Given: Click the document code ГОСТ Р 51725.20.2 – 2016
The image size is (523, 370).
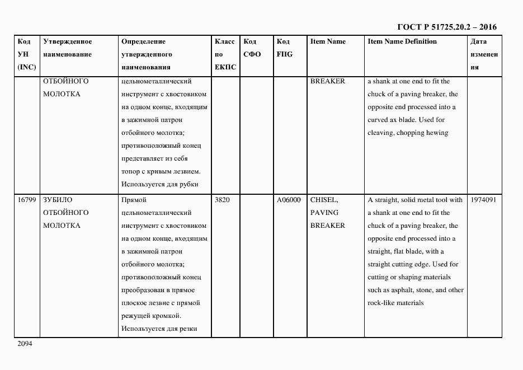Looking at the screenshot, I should pyautogui.click(x=446, y=27).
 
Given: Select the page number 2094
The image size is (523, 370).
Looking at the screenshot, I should pyautogui.click(x=25, y=344).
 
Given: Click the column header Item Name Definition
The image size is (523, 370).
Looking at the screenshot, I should pyautogui.click(x=402, y=41).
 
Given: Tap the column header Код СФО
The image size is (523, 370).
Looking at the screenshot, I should pyautogui.click(x=252, y=48).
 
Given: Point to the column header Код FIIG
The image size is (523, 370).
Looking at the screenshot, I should pyautogui.click(x=284, y=48).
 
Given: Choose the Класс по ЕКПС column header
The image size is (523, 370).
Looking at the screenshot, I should pyautogui.click(x=225, y=54).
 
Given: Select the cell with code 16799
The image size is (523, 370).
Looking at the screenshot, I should pyautogui.click(x=27, y=200).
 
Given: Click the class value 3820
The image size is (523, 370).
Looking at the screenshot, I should pyautogui.click(x=222, y=200).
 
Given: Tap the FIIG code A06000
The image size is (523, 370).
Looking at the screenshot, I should pyautogui.click(x=289, y=200).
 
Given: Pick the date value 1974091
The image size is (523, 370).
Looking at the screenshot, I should pyautogui.click(x=484, y=200).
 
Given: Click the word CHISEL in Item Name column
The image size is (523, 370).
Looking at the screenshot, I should pyautogui.click(x=324, y=200).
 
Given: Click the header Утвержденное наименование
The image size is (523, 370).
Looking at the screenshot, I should pyautogui.click(x=67, y=48).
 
